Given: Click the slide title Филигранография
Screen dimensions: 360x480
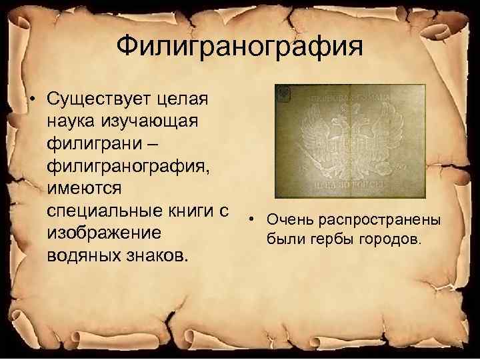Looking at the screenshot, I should [x=240, y=47].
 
